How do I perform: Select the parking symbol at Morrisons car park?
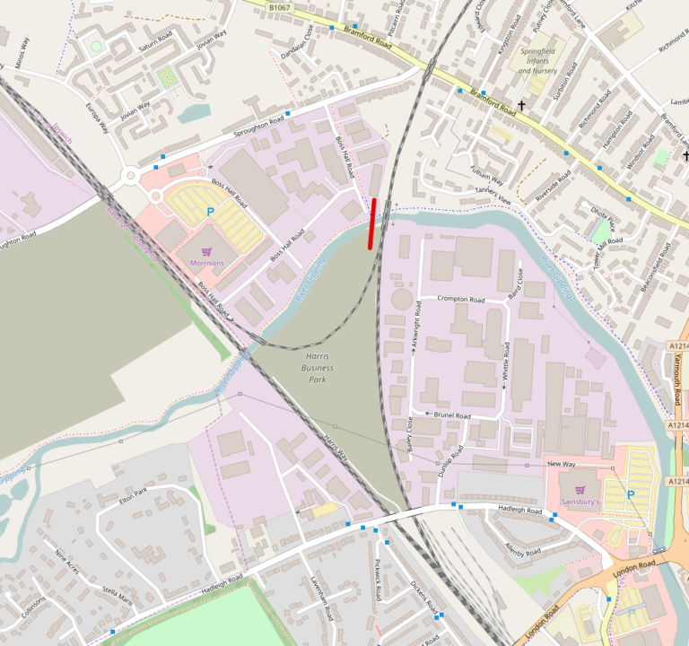coord(211,212)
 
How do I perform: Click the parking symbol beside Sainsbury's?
coord(630,494)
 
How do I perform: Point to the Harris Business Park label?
coord(314,368)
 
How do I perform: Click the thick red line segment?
coord(371,223)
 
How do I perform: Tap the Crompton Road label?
coord(461,299)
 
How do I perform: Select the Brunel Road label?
coord(451,415)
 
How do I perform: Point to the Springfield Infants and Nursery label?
coord(538,60)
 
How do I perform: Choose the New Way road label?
coord(562,464)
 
